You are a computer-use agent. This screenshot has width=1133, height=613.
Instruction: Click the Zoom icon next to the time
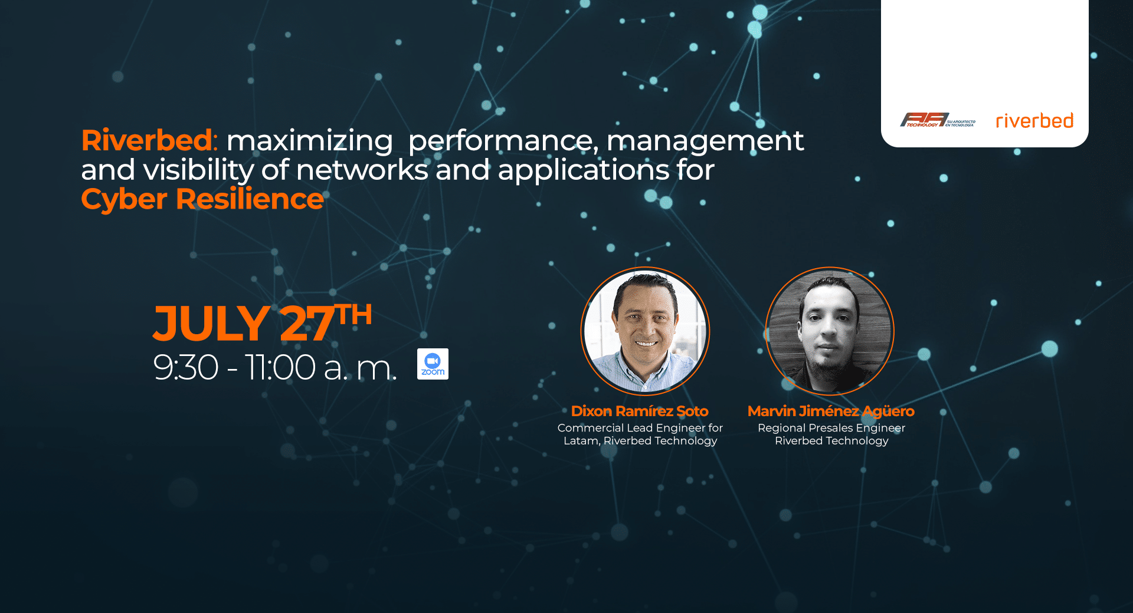(x=433, y=364)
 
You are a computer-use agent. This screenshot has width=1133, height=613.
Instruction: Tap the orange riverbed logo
(x=1034, y=121)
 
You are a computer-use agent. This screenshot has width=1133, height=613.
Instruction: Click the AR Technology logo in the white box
(x=938, y=120)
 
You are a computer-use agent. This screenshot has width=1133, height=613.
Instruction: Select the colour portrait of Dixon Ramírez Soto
(x=645, y=331)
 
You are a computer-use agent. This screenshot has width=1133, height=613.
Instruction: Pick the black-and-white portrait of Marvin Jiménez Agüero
(x=830, y=331)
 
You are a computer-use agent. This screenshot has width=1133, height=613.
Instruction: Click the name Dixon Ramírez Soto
(x=640, y=411)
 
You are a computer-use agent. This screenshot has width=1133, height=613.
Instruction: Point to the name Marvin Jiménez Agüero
(x=831, y=411)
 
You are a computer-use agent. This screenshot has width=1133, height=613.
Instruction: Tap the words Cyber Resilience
(x=202, y=199)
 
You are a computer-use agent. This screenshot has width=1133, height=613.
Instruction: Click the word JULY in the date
(x=211, y=323)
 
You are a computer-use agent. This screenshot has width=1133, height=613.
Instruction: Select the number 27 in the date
(x=307, y=323)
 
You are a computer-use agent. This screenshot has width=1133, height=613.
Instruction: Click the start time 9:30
(x=186, y=367)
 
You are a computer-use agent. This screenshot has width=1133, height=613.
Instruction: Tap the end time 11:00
(x=280, y=367)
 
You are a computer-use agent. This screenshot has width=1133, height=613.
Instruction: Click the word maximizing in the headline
(x=310, y=141)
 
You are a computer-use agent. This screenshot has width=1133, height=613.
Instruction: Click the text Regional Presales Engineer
(x=831, y=428)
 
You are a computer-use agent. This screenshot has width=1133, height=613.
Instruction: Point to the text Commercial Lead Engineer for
(x=640, y=428)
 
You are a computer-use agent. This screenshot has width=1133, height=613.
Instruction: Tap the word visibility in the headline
(x=199, y=171)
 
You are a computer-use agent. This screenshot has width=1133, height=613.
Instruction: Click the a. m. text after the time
(x=361, y=368)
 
